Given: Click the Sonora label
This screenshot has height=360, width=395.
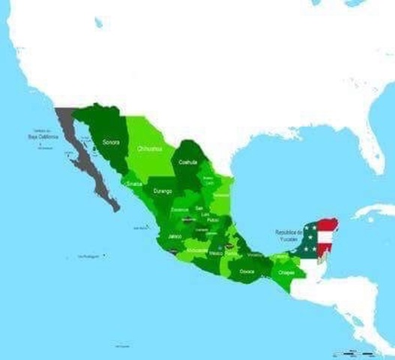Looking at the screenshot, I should click(x=111, y=141).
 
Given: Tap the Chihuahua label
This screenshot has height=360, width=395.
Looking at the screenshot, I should click(x=150, y=149).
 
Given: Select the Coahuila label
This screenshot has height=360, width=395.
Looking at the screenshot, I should click(x=187, y=161).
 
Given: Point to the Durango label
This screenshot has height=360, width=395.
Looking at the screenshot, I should click(x=163, y=192).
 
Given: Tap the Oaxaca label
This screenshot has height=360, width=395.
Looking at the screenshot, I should click(x=247, y=271).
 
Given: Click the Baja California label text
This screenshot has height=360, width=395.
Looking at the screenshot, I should click(x=43, y=136).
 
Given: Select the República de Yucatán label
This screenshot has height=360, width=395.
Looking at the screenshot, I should click(x=291, y=235).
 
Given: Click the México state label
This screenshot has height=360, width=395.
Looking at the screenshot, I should click(x=216, y=253).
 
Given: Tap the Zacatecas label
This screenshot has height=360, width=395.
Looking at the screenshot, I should click(x=180, y=209).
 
